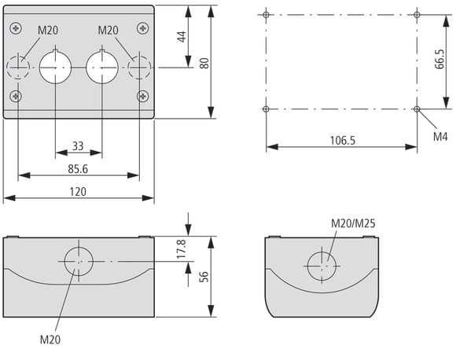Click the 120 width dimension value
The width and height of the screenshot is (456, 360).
[78, 192]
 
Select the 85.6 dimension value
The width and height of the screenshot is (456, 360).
[78, 169]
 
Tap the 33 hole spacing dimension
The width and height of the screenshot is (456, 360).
[78, 146]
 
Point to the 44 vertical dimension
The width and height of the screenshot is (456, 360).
[182, 37]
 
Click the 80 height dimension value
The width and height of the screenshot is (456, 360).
[204, 64]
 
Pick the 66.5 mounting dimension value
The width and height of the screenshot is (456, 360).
[439, 59]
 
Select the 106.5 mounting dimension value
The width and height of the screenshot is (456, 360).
[343, 141]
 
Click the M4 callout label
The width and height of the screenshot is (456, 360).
[440, 137]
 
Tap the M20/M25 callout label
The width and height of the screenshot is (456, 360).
[353, 223]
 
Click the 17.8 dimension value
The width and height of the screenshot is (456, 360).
[182, 249]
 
